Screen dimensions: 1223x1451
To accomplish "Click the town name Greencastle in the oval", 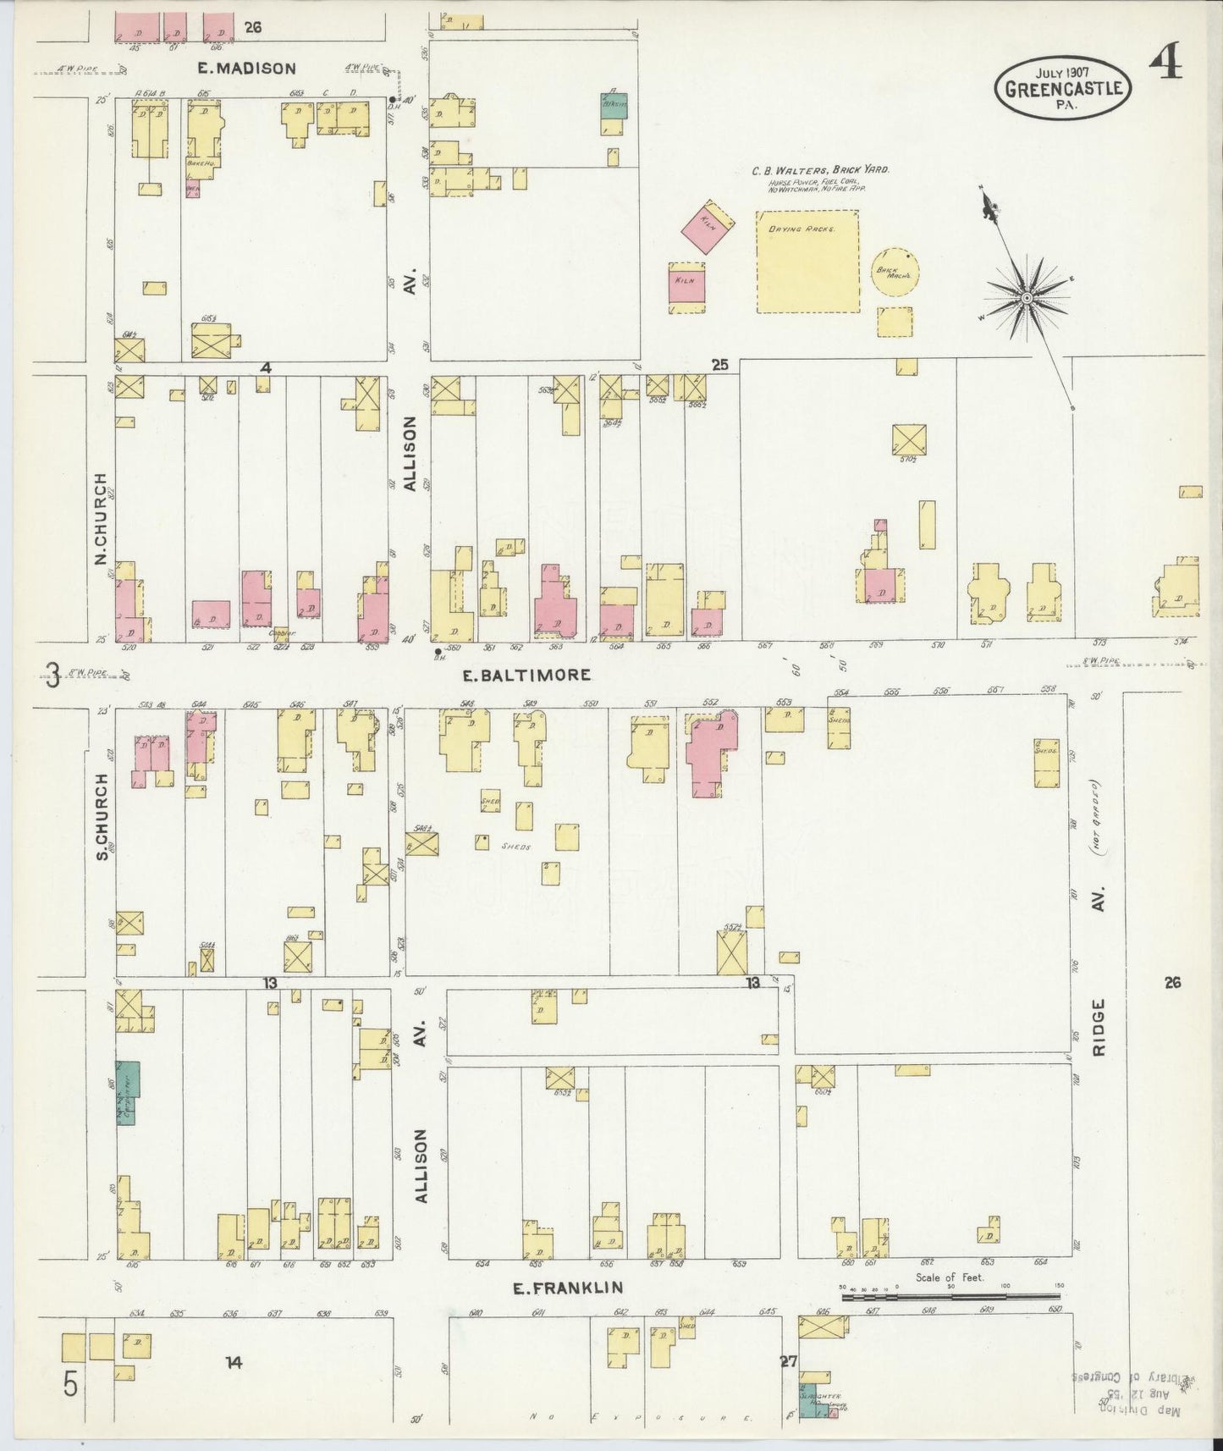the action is point(1065,88).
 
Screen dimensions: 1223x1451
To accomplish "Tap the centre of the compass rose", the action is point(1026,297).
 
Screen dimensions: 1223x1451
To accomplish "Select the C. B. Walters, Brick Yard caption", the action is point(820,169).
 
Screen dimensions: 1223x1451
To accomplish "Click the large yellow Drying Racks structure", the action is point(807,262).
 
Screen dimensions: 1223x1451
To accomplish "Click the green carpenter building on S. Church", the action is point(128,1092).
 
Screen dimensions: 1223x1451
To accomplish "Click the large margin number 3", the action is point(52,676).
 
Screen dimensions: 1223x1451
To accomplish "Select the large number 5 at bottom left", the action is point(70,1387).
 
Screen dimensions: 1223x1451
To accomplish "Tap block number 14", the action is point(234,1362).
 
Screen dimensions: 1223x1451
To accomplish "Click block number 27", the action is point(789,1362).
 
